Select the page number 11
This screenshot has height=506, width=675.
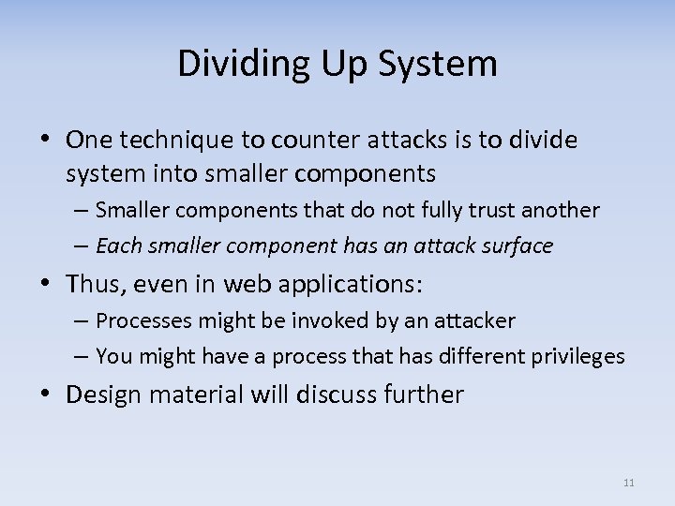(628, 483)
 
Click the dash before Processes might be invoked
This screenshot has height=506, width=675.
(82, 321)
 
